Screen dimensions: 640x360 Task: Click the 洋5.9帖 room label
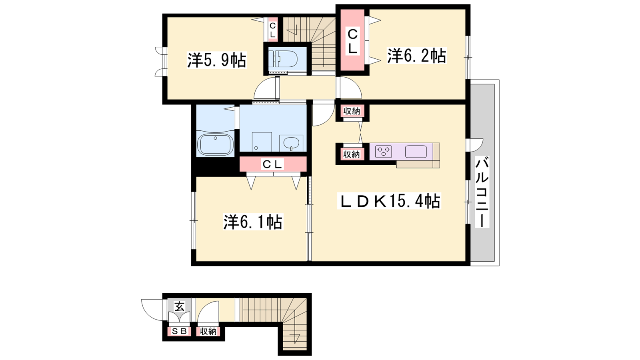pos(216,60)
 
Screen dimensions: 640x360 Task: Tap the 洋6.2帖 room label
pos(416,56)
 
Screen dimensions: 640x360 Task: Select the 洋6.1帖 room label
pos(253,222)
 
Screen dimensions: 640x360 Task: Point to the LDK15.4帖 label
pos(389,201)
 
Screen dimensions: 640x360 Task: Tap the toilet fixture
pos(284,59)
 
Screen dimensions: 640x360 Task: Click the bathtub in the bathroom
pos(215,144)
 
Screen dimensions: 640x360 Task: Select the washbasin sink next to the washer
pos(291,143)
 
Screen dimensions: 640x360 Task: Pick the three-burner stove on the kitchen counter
pos(384,152)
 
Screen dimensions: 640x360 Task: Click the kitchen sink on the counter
pos(416,152)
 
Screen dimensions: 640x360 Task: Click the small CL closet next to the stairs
pos(272,30)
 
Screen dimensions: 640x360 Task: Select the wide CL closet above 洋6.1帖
pos(273,164)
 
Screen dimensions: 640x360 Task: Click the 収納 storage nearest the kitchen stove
pos(352,154)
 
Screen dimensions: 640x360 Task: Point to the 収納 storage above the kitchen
pos(352,111)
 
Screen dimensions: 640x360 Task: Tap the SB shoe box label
pos(179,331)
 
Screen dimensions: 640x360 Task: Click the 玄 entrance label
pos(179,307)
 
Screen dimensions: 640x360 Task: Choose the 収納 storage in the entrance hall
pos(208,332)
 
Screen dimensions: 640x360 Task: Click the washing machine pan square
pos(262,142)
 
